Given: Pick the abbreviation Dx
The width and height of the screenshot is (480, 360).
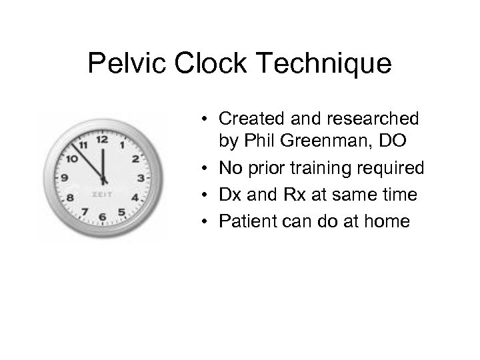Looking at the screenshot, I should pyautogui.click(x=230, y=195).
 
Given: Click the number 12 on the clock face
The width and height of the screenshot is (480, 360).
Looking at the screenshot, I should pyautogui.click(x=102, y=139).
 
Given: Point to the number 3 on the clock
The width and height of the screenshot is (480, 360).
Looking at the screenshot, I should pyautogui.click(x=140, y=178).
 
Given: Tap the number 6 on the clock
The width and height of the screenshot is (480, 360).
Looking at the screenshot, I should pyautogui.click(x=102, y=217).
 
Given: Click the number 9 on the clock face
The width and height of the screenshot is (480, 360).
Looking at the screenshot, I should pyautogui.click(x=65, y=178).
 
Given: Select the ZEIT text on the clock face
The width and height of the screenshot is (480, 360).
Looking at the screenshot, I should pyautogui.click(x=102, y=195).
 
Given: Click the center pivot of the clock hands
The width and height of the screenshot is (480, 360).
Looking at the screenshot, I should pyautogui.click(x=103, y=179).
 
